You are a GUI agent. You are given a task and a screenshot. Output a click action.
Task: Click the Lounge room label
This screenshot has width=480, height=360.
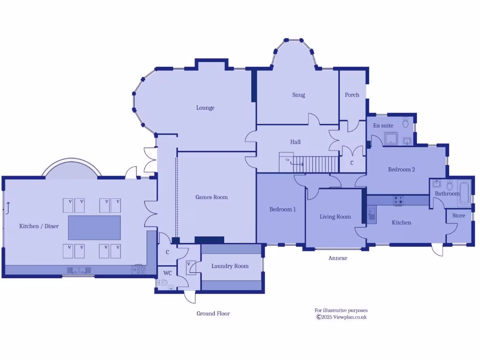click(205, 108)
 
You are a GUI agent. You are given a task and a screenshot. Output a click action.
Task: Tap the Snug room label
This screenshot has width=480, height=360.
click(299, 95)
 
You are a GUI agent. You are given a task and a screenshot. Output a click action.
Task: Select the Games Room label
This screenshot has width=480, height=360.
click(211, 197)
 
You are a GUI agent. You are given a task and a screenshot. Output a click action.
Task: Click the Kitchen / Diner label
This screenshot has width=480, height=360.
click(39, 226)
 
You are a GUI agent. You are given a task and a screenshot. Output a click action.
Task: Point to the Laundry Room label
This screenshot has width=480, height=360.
click(230, 266)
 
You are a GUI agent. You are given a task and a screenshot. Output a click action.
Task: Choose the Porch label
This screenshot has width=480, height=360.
click(352, 95)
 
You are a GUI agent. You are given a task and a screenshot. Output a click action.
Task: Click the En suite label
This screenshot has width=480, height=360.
click(383, 126)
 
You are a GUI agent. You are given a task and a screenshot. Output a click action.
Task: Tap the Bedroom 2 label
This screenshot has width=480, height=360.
click(401, 170)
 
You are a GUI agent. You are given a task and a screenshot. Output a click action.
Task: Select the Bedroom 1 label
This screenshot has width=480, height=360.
click(282, 210)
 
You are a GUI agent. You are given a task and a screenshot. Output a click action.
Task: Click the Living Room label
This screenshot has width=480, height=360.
click(335, 217)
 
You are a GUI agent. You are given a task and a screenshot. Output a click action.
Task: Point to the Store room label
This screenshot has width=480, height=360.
click(458, 216)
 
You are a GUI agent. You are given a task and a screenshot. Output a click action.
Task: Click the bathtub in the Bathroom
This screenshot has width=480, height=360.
click(465, 193)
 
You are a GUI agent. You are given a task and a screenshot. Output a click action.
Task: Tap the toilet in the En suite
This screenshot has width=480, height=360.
click(406, 123)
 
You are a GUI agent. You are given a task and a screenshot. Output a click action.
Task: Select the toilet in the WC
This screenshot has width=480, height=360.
click(164, 283)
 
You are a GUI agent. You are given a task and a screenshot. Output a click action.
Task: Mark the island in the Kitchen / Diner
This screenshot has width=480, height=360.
click(94, 227)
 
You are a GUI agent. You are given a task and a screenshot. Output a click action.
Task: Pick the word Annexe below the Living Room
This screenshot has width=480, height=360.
click(337, 258)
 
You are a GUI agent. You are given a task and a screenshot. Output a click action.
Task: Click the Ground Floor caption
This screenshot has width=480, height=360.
click(213, 314)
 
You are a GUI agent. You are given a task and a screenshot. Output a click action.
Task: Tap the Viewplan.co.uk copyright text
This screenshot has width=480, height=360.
click(341, 317)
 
